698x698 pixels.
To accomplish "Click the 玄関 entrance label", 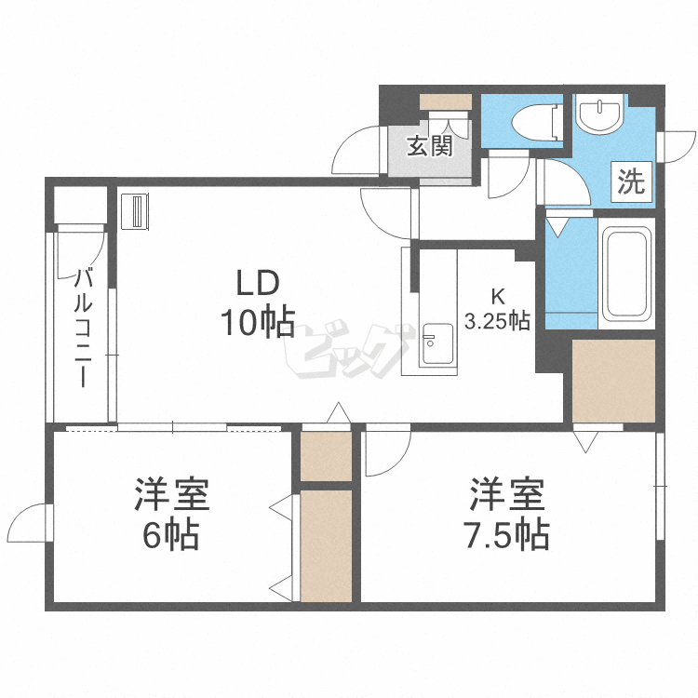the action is pos(430,145).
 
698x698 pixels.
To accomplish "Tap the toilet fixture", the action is pos(535,121).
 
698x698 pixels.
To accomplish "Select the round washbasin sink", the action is pos(599,113).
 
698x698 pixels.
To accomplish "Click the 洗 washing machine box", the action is pos(631,181).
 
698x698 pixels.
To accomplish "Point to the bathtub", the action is pos(626,274).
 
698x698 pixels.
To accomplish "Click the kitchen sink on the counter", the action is pos(438,344).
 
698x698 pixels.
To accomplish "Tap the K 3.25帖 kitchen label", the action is pos(497,308).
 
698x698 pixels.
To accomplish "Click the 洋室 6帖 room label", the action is pos(172,514).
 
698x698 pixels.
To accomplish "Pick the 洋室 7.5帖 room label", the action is pos(507,514).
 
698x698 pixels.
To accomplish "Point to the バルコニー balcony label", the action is pos(83,328).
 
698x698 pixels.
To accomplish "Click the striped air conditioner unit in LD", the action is pos(135,211).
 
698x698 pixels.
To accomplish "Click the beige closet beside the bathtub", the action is pos(613,381).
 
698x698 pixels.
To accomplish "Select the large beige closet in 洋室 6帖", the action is pos(327,545).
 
